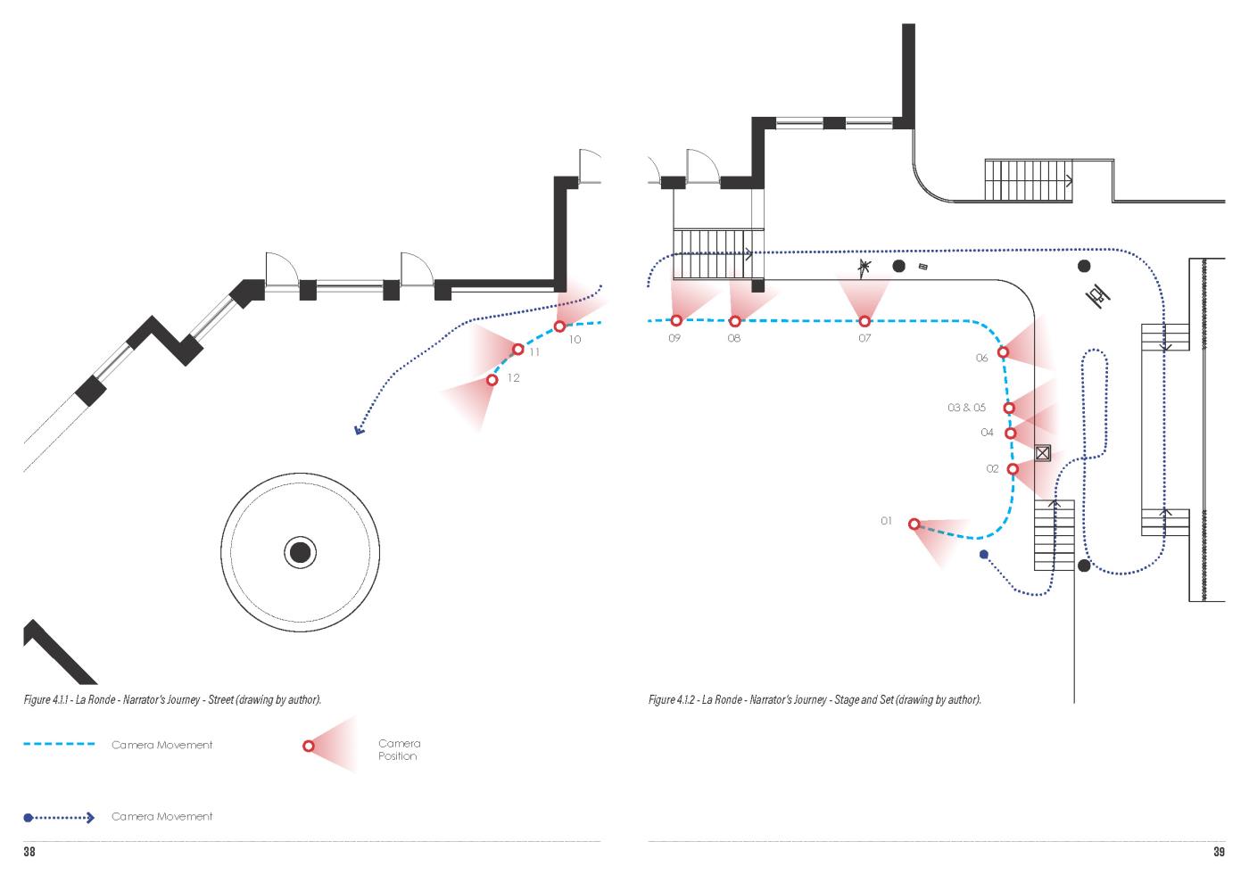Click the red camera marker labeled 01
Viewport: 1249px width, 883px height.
coord(914,524)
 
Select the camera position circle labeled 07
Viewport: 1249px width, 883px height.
coord(864,321)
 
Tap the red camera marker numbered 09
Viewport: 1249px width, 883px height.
coord(675,320)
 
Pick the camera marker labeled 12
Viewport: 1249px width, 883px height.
coord(492,380)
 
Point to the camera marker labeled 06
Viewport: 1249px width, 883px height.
coord(1003,352)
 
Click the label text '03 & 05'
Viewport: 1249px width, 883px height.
coord(966,408)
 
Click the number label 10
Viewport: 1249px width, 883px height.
coord(574,340)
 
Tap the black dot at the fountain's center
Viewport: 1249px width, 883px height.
coord(300,552)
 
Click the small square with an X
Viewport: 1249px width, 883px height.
coord(1042,453)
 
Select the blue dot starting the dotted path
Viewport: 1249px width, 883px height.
coord(984,555)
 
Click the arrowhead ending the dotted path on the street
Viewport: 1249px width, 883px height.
coord(359,431)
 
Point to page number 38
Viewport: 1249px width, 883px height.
coord(29,853)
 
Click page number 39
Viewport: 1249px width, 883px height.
coord(1219,853)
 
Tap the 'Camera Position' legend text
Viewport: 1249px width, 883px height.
coord(398,749)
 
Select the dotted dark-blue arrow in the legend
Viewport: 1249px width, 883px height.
coord(59,817)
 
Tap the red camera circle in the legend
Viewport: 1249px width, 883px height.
coord(309,746)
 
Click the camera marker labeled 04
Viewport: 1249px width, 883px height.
coord(1010,433)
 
